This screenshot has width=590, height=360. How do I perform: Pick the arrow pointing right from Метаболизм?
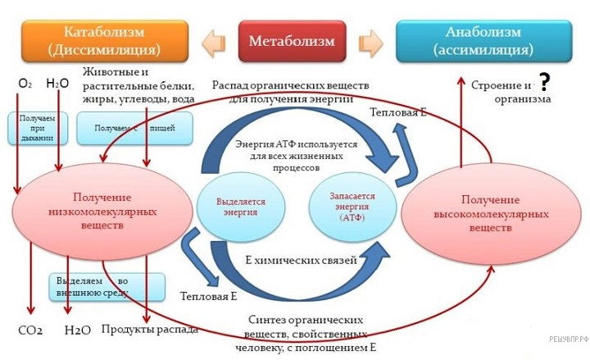click(371, 40)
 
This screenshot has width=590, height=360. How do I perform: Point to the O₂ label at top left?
click(25, 84)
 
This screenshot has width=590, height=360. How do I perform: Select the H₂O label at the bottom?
click(77, 330)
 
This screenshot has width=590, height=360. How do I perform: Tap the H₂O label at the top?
click(57, 84)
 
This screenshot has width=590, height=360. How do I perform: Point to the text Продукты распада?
click(149, 330)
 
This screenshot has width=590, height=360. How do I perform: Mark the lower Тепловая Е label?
click(209, 295)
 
